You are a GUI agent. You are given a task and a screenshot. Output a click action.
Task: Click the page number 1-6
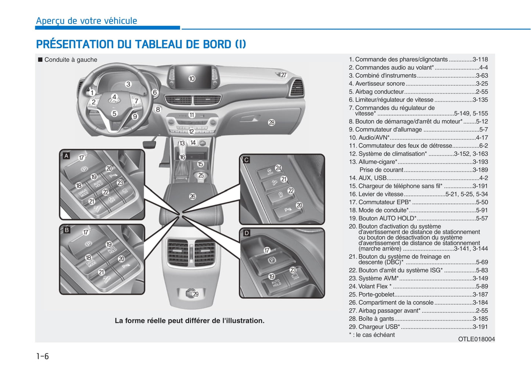(42, 356)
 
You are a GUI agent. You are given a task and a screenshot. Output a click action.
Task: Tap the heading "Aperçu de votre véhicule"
(86, 21)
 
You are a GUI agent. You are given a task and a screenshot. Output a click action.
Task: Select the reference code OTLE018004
(476, 339)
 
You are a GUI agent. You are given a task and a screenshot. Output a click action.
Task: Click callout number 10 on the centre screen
(192, 78)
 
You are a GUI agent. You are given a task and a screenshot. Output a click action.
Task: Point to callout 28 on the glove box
(272, 123)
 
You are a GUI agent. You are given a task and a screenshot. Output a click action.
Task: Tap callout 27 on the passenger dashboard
(283, 75)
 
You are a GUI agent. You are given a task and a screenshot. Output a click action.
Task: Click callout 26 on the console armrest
(193, 197)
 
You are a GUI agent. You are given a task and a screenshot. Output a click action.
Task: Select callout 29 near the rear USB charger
(195, 294)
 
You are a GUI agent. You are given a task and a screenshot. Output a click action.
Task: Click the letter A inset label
(67, 156)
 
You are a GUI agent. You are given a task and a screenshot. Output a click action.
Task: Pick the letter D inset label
(247, 233)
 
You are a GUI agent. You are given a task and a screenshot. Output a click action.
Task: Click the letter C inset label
(247, 160)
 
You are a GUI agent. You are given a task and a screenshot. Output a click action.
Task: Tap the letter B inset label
(67, 230)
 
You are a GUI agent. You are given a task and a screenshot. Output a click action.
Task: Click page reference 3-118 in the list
(480, 59)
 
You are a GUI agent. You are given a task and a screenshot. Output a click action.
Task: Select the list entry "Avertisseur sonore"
(380, 84)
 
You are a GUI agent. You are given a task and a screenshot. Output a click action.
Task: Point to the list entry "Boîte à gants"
(376, 319)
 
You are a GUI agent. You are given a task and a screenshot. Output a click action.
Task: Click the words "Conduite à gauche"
(71, 60)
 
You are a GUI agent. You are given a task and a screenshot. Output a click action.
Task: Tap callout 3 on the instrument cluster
(128, 84)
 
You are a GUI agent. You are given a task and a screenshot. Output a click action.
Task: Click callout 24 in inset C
(279, 168)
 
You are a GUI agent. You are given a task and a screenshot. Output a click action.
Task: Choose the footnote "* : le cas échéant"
(372, 335)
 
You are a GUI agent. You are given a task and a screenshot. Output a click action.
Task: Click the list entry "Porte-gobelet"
(376, 294)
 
